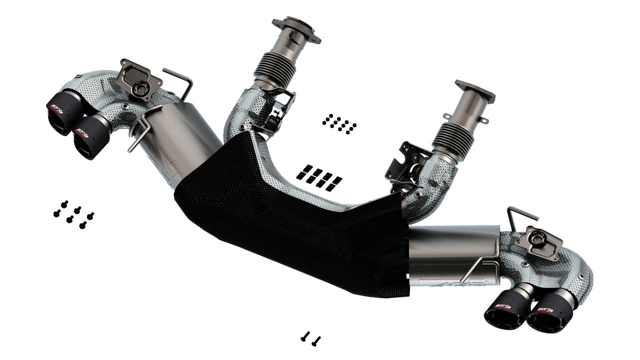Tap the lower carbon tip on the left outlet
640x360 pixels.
tap(90, 137)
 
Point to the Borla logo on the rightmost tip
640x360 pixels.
tap(545, 309)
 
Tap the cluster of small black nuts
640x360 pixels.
tap(339, 123)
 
